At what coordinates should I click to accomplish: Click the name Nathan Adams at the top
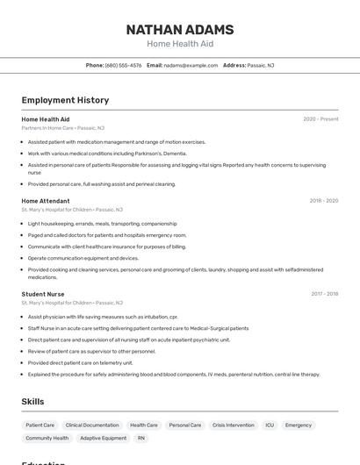pos(179,28)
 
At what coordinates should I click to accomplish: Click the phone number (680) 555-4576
pos(123,65)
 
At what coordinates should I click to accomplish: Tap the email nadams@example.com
pos(191,65)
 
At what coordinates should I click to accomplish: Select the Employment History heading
pos(65,100)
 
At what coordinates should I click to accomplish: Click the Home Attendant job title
pos(46,200)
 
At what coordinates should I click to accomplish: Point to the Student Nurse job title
pos(43,294)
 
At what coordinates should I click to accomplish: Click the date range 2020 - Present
pos(320,119)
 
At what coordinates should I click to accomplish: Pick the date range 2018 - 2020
pos(324,201)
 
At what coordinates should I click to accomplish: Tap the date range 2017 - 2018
pos(324,294)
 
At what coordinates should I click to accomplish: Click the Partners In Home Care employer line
pos(62,128)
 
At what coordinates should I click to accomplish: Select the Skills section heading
pos(33,401)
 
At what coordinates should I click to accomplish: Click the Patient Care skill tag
pos(40,425)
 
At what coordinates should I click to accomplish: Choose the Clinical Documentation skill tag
pos(92,425)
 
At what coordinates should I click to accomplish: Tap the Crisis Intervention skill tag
pos(234,425)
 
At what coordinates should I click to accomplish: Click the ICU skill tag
pos(270,425)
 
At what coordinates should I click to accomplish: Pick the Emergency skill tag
pos(299,425)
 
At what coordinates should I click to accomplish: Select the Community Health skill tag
pos(47,438)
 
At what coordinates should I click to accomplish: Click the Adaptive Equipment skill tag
pos(103,438)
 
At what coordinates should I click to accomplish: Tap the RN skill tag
pos(141,438)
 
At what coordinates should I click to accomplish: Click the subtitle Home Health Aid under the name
pos(179,44)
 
